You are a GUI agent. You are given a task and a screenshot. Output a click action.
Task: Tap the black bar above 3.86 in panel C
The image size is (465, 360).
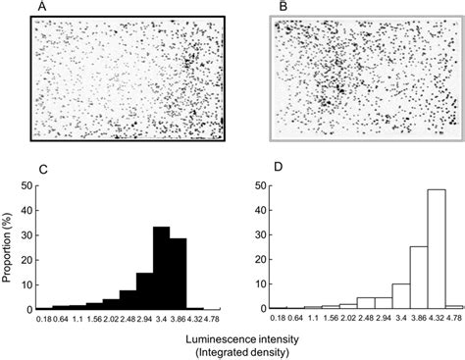click(x=178, y=275)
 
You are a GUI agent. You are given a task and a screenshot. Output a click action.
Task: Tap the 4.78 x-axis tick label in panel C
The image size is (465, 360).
click(x=213, y=320)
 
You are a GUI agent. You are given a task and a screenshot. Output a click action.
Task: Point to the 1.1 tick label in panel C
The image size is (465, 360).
click(x=77, y=320)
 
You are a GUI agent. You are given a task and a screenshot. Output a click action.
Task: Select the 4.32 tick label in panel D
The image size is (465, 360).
click(x=434, y=320)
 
